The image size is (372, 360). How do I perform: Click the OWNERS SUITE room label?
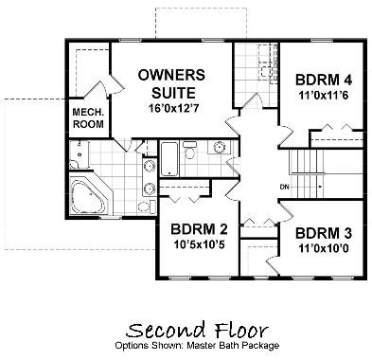[172, 84]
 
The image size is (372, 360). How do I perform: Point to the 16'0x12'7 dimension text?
[174, 108]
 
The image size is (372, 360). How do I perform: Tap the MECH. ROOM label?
[88, 117]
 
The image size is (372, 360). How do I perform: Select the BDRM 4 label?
[324, 80]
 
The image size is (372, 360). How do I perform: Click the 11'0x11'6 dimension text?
[324, 95]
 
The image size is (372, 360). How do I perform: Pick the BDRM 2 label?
[199, 229]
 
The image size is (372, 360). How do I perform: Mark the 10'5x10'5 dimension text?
[199, 244]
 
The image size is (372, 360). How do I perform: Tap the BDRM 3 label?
[324, 234]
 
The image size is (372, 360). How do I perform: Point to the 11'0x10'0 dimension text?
[324, 248]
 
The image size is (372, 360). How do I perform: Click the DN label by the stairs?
[284, 187]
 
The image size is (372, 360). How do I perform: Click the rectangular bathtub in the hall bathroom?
[169, 159]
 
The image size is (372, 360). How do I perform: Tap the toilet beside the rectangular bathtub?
[189, 150]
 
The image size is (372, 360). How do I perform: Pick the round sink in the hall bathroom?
[219, 147]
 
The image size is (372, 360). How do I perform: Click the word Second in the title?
[165, 330]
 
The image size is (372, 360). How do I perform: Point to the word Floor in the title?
[242, 330]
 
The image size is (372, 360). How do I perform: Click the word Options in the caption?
[129, 346]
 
